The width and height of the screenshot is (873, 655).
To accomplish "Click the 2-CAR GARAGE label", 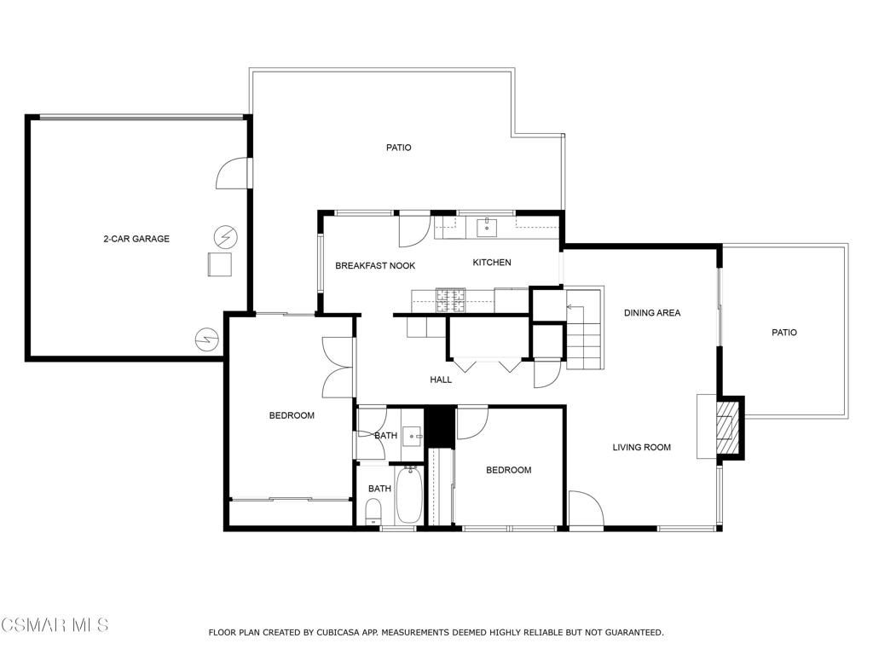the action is click(136, 239).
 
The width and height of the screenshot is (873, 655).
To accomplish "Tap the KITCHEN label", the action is click(492, 263).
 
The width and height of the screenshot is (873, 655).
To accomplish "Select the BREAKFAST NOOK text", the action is click(375, 266).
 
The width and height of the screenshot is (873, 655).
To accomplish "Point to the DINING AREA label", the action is click(652, 313).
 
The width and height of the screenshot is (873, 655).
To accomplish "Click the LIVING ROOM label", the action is click(641, 447).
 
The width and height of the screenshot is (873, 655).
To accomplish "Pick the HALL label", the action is click(441, 380).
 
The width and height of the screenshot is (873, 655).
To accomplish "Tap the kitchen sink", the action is click(487, 228).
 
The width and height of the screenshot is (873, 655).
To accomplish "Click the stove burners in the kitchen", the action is click(450, 300).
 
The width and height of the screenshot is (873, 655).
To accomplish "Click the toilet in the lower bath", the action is click(373, 512).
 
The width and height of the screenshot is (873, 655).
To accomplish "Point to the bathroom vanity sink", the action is click(413, 436).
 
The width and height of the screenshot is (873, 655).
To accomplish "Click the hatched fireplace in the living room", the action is click(726, 427).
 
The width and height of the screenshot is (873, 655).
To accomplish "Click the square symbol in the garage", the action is click(219, 264).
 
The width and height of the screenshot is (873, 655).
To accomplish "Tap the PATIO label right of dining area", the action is click(784, 333).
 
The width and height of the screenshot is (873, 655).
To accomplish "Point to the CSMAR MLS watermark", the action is click(55, 624).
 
